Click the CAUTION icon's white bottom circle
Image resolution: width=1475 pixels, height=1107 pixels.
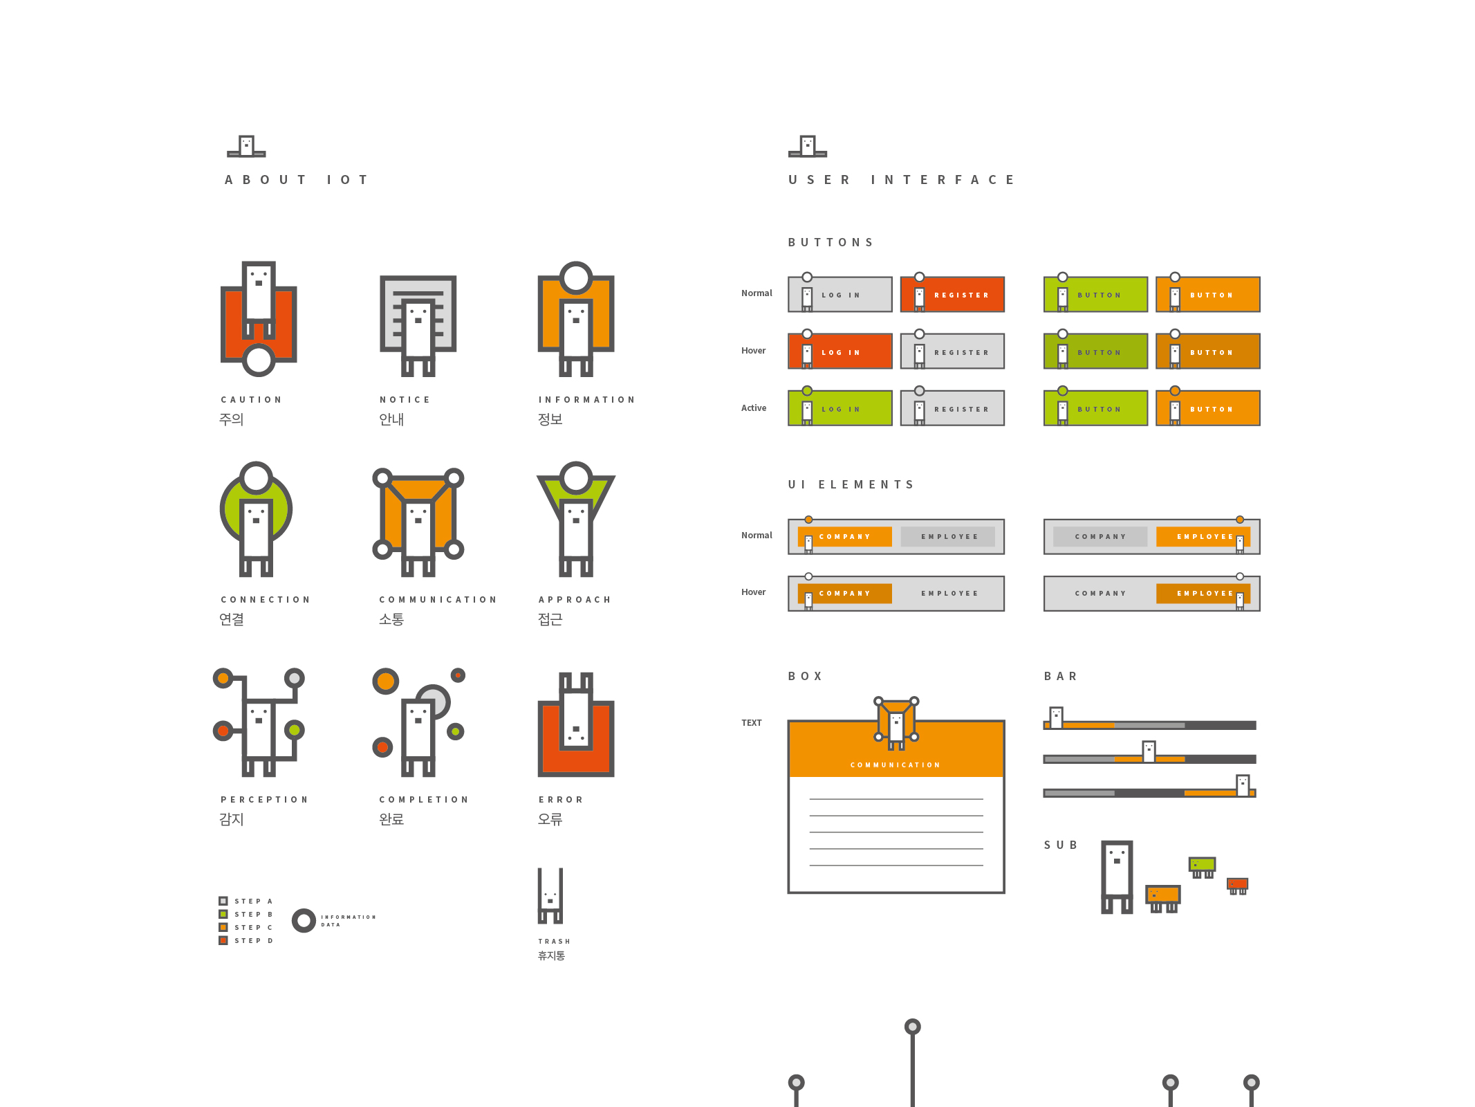[x=259, y=360]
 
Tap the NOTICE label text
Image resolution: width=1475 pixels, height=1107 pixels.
[x=405, y=400]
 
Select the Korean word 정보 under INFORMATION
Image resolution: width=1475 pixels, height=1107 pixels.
[x=550, y=419]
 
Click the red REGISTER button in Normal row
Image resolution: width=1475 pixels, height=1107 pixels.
[x=952, y=295]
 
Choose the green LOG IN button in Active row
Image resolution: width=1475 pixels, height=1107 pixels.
[x=840, y=409]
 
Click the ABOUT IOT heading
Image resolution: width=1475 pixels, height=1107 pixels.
[x=297, y=180]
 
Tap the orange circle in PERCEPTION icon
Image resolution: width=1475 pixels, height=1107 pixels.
[x=223, y=678]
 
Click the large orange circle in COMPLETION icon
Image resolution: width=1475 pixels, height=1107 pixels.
[x=386, y=681]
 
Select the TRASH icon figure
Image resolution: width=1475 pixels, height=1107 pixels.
[x=550, y=896]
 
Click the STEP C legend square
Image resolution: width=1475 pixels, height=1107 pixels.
[x=223, y=927]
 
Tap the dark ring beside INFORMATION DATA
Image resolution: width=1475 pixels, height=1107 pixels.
[x=304, y=920]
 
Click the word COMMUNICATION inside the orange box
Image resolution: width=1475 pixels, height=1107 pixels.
[x=896, y=765]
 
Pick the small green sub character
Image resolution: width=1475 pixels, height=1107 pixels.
[x=1202, y=865]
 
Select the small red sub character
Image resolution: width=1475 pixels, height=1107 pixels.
[x=1237, y=884]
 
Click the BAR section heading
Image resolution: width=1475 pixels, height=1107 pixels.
[x=1061, y=677]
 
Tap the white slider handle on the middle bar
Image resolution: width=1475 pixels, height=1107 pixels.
[x=1149, y=751]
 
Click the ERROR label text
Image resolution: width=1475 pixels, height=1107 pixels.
[x=561, y=800]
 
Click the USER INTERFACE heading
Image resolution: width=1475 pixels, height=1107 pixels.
[x=901, y=180]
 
